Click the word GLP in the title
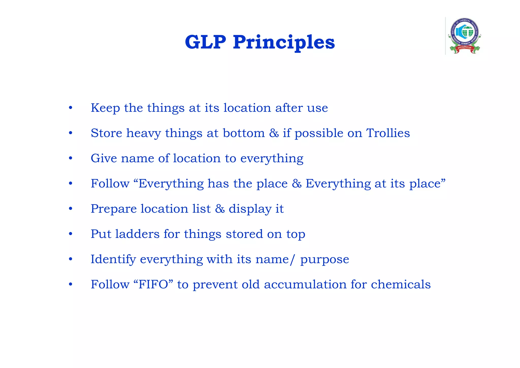pos(205,42)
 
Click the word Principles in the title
pos(284,43)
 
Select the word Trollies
pos(388,133)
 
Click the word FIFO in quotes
pos(153,284)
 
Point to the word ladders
pos(137,234)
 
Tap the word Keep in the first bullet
pos(105,108)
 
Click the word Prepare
pos(114,209)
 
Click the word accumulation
pos(305,284)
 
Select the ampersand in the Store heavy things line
pos(274,133)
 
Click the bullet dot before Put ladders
pos(71,234)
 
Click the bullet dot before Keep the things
pos(71,108)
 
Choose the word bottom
pos(244,133)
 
